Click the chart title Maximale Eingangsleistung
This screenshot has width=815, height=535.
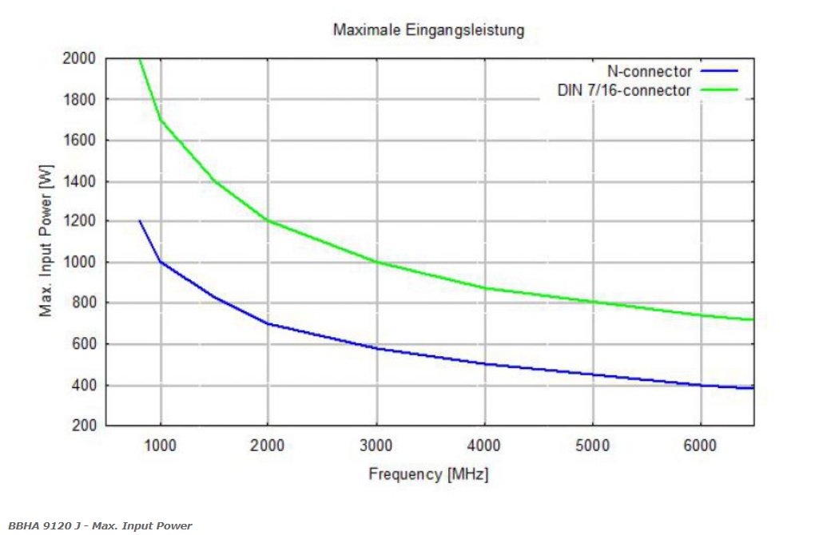click(429, 30)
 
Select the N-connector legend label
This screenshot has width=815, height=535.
click(649, 71)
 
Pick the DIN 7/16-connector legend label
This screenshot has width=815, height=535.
click(624, 90)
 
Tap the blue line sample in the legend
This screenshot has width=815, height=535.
click(719, 70)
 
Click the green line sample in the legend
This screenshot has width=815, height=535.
click(719, 90)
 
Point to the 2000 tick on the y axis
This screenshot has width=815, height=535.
click(79, 58)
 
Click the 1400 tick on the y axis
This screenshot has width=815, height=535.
click(79, 181)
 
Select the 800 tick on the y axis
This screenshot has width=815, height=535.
click(84, 303)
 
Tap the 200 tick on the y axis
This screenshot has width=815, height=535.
click(84, 426)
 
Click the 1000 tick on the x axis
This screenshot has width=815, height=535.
click(160, 445)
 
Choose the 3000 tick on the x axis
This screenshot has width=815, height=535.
click(376, 445)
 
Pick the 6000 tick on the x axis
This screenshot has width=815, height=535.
click(700, 445)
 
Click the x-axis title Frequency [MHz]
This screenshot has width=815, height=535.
click(429, 474)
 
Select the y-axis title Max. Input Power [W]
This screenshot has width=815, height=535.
click(46, 240)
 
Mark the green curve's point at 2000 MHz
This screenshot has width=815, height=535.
click(268, 220)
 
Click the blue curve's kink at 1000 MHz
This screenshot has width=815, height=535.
click(161, 262)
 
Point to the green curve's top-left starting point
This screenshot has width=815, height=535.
click(139, 59)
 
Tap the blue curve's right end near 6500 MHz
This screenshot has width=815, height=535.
click(753, 388)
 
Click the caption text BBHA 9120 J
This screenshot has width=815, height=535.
click(44, 525)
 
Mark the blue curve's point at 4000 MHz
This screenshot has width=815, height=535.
click(485, 363)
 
